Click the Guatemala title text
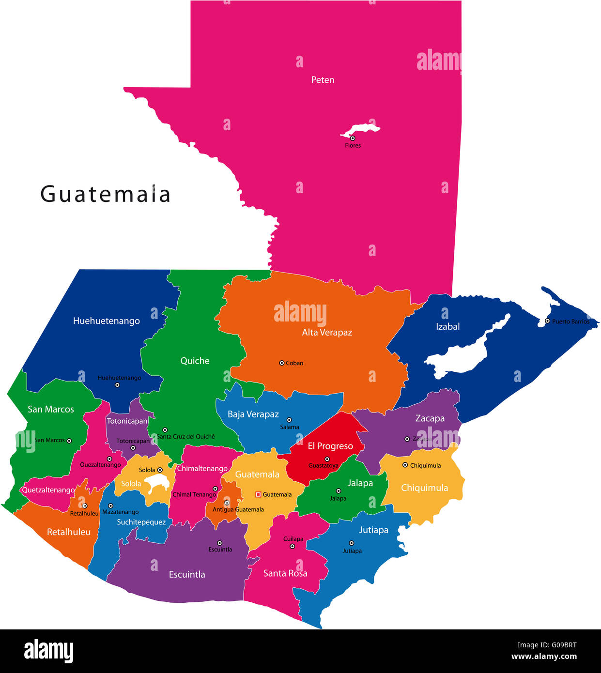coord(105,195)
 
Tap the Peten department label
coord(323,80)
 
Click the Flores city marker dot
coord(353,138)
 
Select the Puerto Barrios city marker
coord(547,321)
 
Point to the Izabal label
coord(447,327)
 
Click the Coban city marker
coord(281,363)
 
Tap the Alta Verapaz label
coord(327,333)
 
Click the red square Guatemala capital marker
coord(258,494)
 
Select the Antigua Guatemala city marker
coord(227,503)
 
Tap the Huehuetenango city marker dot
coord(117,385)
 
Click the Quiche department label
coord(195,361)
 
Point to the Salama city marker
coord(289,420)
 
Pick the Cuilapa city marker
coord(292,546)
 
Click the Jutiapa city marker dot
coord(352,543)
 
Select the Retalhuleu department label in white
coord(69,532)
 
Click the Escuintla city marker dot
coord(219,543)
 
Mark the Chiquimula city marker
coord(405,465)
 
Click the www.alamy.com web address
coord(544,657)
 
